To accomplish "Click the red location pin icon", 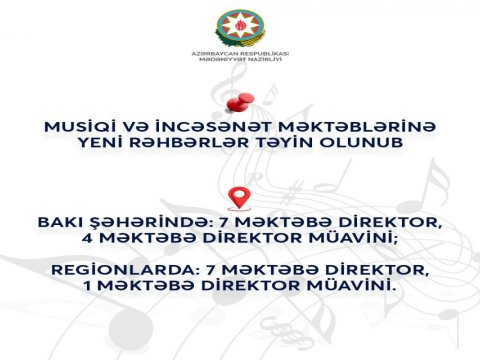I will [238, 197].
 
